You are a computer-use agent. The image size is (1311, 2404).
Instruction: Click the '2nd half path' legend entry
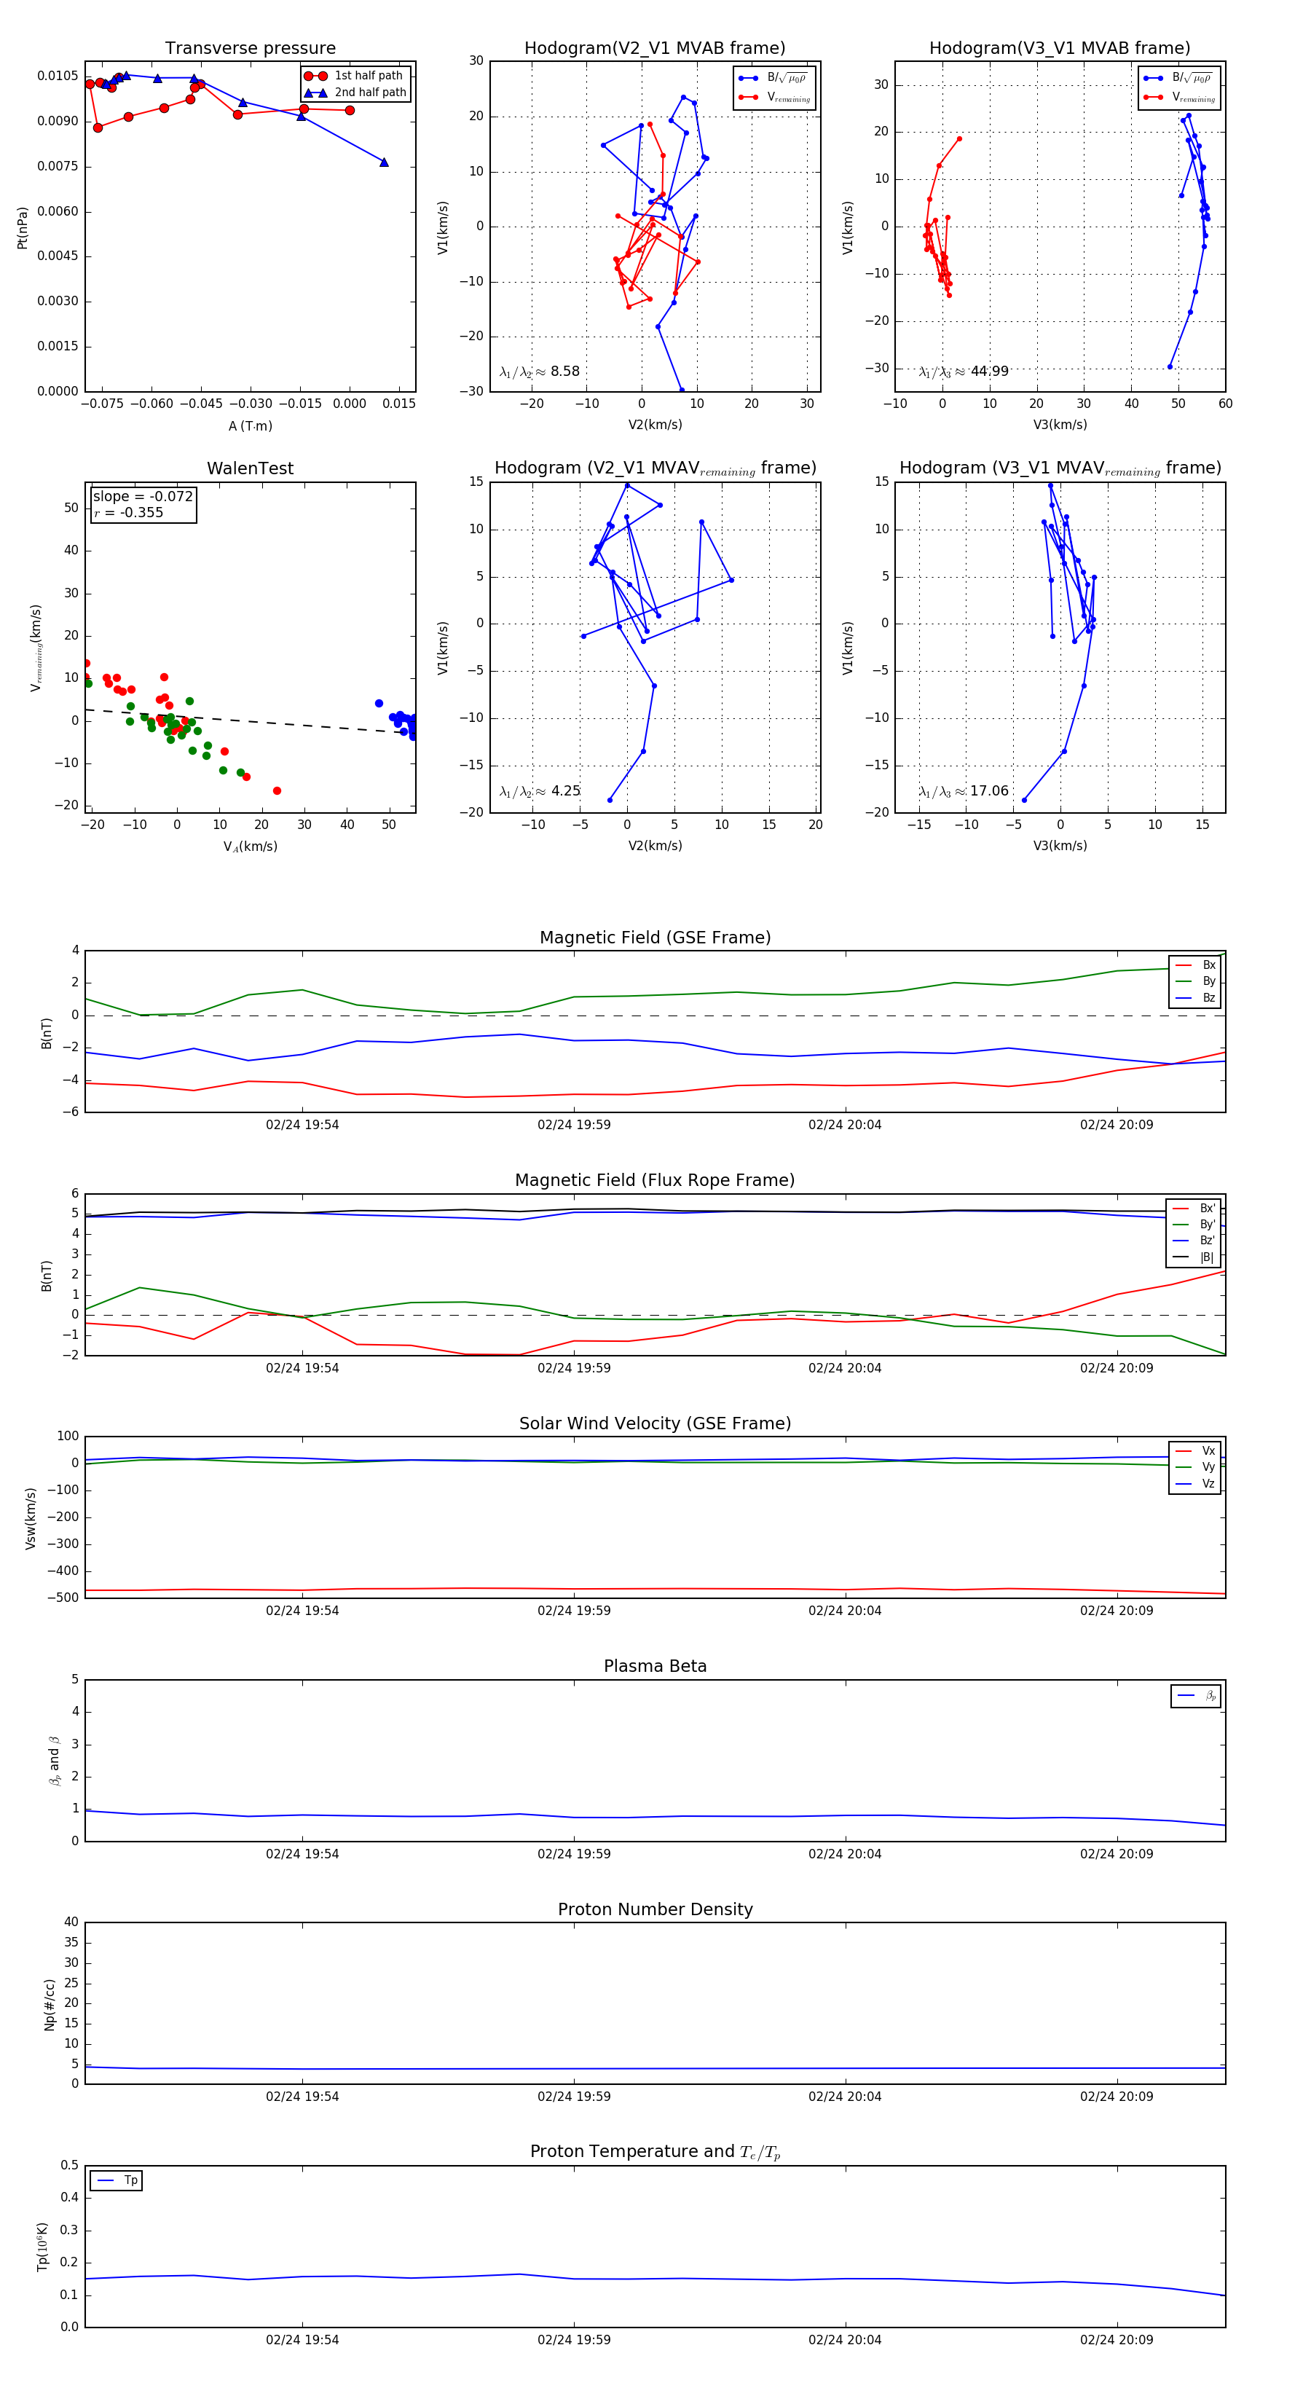369,93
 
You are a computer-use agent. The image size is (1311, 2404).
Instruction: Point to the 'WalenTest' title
250,468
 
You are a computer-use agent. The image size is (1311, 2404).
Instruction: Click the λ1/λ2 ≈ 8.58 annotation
539,372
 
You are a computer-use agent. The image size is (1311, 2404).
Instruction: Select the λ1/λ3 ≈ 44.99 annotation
963,372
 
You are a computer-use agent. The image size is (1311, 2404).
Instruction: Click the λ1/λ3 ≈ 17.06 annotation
963,791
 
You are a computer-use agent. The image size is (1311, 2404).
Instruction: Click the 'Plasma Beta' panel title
655,1667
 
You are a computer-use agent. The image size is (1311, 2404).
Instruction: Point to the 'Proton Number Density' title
655,1909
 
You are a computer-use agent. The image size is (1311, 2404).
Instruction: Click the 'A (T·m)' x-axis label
250,425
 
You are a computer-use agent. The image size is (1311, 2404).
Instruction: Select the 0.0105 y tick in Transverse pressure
58,76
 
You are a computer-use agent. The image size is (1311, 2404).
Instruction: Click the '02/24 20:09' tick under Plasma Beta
1116,1854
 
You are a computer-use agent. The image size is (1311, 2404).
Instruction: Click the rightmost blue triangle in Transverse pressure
384,162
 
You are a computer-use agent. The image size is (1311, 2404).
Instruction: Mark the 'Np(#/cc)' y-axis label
50,2005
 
